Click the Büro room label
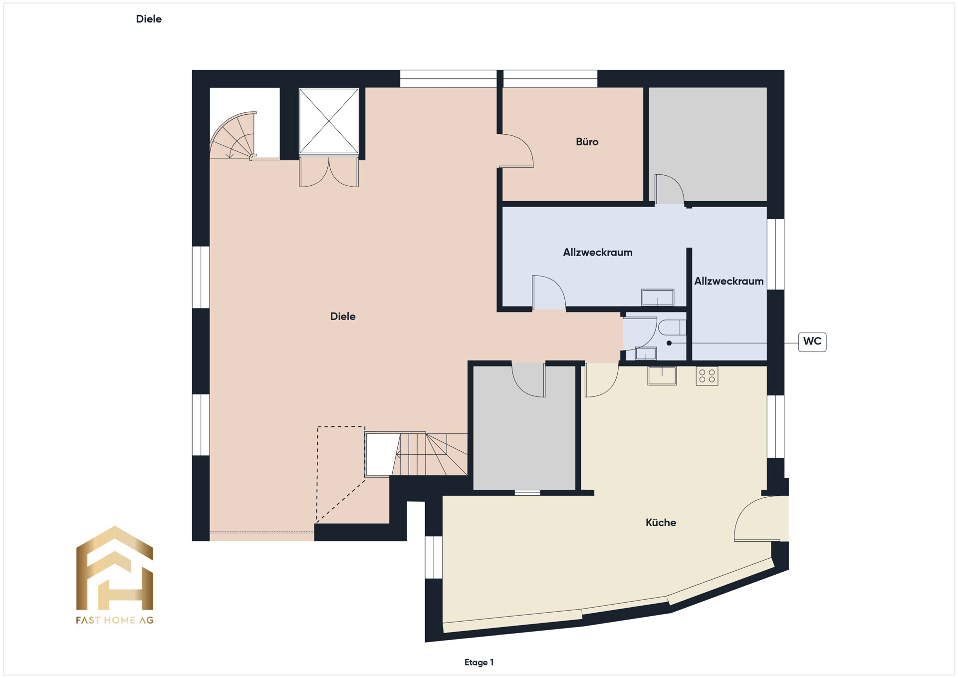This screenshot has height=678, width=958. click(x=587, y=142)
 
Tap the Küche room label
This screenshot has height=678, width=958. click(x=661, y=523)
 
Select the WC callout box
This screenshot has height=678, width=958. click(x=812, y=341)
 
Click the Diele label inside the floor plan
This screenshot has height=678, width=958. click(x=343, y=317)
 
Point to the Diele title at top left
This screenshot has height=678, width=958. click(x=149, y=19)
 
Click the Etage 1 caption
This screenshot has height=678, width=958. click(x=479, y=663)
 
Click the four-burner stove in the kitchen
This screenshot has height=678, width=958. click(x=707, y=376)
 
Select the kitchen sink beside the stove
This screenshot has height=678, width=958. click(x=662, y=376)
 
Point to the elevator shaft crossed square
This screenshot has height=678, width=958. click(x=329, y=121)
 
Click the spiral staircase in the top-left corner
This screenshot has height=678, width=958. click(x=234, y=136)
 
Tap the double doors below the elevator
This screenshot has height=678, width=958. click(x=329, y=172)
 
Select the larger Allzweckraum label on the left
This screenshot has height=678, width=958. click(x=598, y=253)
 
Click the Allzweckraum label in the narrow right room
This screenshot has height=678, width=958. click(x=729, y=282)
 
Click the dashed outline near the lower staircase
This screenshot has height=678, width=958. click(x=317, y=474)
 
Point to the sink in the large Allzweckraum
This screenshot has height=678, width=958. click(x=658, y=298)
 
